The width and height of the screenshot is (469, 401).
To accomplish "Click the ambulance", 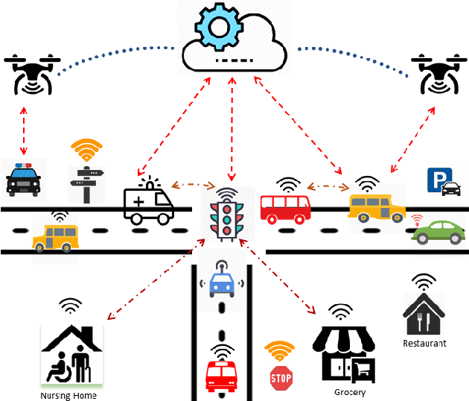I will (x=147, y=203).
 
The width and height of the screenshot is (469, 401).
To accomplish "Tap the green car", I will (x=439, y=232).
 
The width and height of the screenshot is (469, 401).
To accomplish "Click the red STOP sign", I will (x=281, y=378).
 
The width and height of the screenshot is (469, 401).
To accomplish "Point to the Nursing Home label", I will (x=68, y=396).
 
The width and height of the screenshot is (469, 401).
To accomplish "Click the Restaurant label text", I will (x=424, y=344).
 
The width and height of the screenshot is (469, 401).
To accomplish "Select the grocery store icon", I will (x=343, y=356).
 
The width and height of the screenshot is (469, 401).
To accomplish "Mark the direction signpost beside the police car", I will (x=86, y=183).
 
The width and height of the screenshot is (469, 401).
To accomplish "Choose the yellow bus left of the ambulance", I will (x=54, y=237).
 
